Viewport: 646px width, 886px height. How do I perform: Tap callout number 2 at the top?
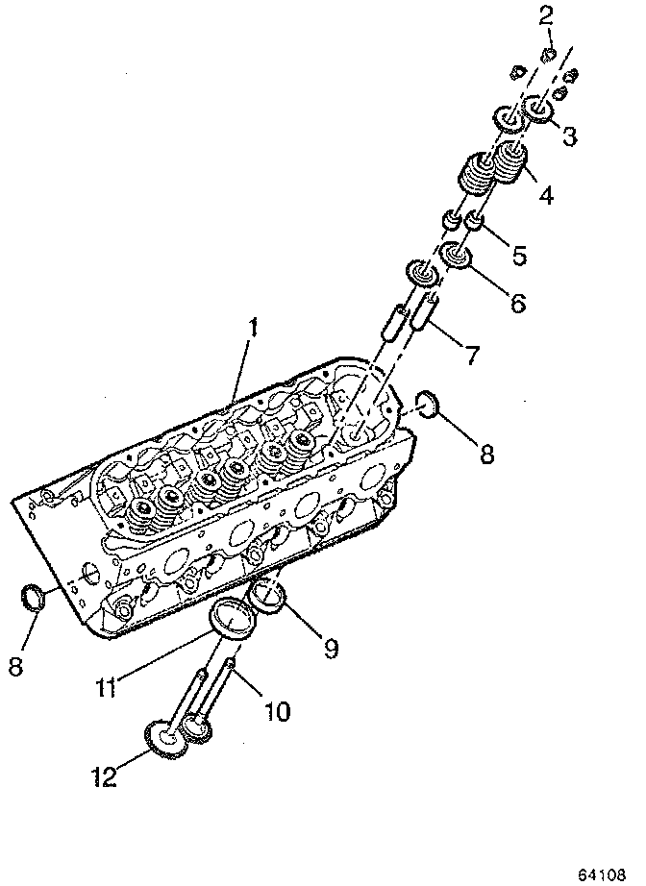click(545, 14)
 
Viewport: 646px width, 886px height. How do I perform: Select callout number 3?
click(569, 136)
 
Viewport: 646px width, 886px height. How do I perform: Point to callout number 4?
click(545, 196)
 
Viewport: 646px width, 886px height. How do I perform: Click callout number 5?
click(519, 256)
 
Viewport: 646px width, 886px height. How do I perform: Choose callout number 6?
click(517, 304)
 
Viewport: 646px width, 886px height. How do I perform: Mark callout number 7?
click(471, 357)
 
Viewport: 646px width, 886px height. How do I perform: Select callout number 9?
click(330, 650)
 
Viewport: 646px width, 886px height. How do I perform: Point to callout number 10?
click(276, 712)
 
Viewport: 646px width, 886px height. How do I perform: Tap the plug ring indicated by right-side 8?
click(428, 405)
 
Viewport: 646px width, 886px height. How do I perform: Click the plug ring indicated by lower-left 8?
click(33, 598)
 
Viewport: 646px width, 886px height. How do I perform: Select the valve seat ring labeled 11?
click(232, 617)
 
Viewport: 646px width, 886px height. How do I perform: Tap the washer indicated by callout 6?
click(457, 258)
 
